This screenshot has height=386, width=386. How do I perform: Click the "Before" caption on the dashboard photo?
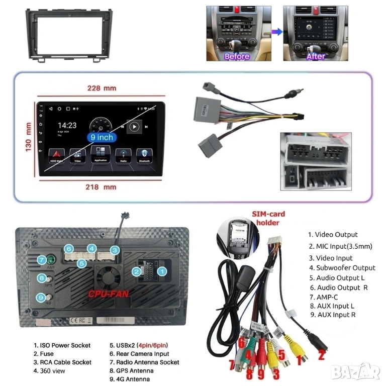click(237, 57)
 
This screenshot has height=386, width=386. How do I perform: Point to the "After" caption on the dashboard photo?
click(316, 57)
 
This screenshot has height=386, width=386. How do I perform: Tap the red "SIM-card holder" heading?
click(270, 218)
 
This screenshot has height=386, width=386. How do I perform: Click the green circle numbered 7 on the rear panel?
click(41, 260)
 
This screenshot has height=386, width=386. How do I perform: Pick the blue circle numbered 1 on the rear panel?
click(162, 271)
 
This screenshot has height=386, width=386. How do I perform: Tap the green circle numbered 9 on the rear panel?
click(41, 298)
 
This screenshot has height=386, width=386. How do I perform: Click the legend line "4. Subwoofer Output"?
click(342, 267)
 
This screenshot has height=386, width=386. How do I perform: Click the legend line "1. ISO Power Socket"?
click(62, 345)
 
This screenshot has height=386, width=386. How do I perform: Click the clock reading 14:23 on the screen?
click(67, 125)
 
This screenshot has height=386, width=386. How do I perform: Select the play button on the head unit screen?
click(134, 127)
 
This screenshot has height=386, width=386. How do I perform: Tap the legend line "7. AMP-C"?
click(327, 297)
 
